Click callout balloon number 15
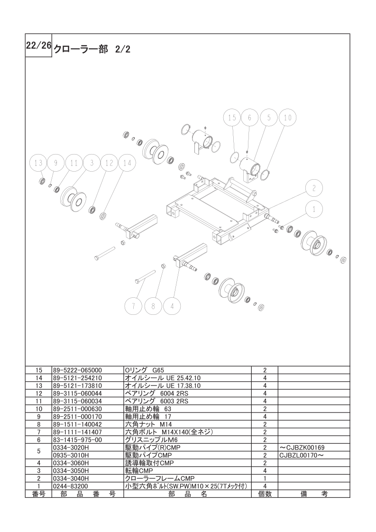tap(232, 118)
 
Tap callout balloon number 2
tap(314, 188)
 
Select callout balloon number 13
tap(38, 163)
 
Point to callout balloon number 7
tap(133, 306)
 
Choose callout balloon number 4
tap(173, 306)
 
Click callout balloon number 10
tap(287, 118)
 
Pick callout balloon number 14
tap(127, 163)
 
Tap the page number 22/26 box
tap(38, 46)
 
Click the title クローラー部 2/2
tap(92, 49)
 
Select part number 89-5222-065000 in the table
tap(77, 370)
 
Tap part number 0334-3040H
tap(71, 479)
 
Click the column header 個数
tap(265, 495)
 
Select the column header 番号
tap(39, 495)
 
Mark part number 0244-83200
tap(71, 486)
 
